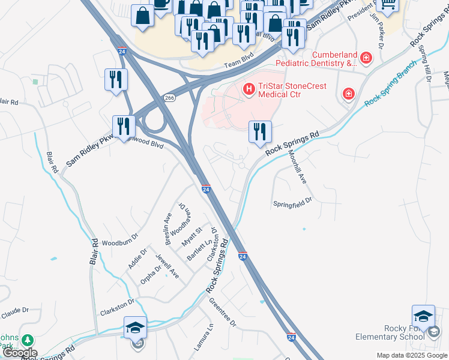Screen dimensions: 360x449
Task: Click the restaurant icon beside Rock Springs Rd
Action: point(260,131)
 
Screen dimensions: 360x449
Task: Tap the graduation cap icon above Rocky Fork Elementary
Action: point(423,316)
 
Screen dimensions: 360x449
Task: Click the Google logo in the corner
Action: point(19,353)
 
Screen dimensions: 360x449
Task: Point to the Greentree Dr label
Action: point(223,313)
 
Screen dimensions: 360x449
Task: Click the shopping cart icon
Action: point(388,5)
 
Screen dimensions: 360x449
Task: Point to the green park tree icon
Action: point(27,340)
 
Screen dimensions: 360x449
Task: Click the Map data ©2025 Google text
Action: point(411,355)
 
